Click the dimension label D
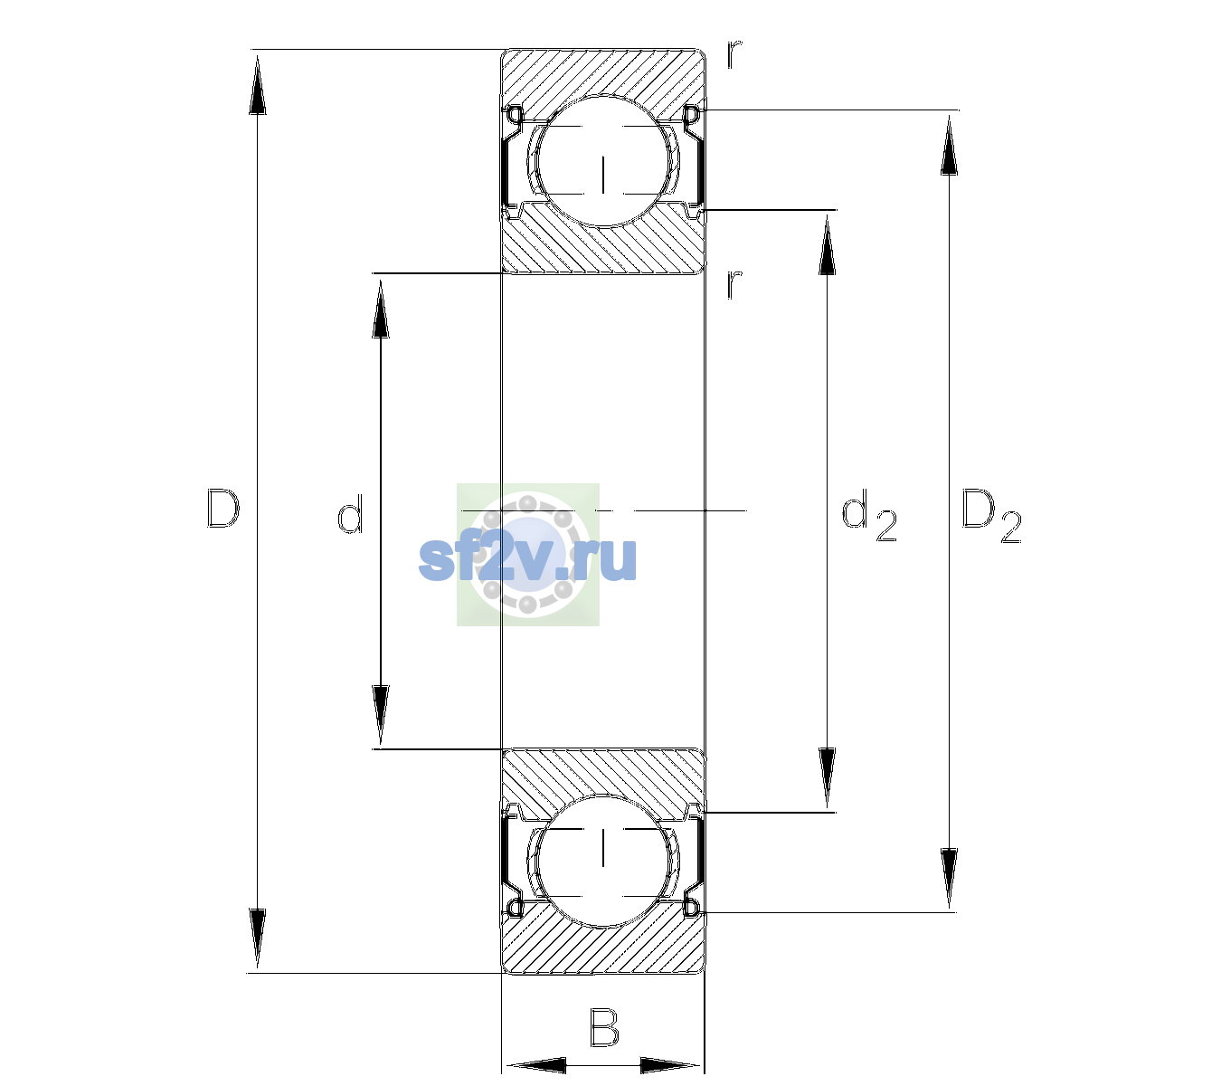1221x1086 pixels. click(223, 509)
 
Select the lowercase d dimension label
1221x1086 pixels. click(350, 513)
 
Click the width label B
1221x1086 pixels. click(604, 1027)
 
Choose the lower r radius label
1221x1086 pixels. click(734, 284)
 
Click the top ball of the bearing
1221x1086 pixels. click(603, 160)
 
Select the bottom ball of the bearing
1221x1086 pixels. click(603, 861)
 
